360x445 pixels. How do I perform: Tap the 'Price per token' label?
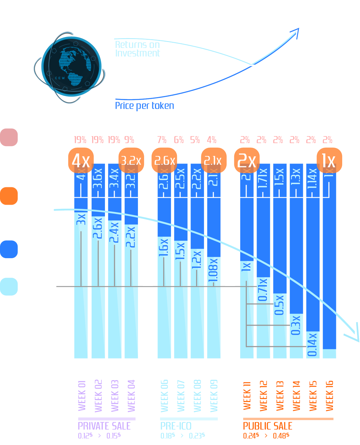coord(144,106)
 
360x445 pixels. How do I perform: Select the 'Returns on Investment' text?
coord(137,49)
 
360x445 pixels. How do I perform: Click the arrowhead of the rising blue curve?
coord(295,33)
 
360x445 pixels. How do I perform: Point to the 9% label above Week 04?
coord(129,140)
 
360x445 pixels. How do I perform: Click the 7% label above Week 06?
coord(162,140)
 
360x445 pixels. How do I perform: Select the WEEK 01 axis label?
coord(82,395)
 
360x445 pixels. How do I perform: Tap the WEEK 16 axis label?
coord(329,395)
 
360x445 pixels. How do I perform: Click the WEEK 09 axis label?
coord(214,395)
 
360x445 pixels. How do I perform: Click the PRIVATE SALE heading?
coord(104,426)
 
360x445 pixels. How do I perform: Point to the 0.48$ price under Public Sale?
coord(281,436)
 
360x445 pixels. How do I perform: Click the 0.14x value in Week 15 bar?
coord(312,345)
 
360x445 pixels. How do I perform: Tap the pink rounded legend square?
coord(9,137)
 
